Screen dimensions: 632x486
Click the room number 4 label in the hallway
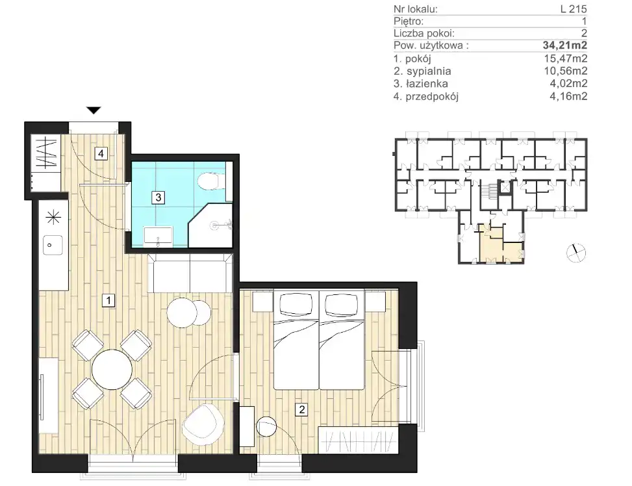pos(101,153)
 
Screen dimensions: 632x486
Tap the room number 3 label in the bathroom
pos(158,198)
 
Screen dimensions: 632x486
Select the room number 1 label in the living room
pos(108,300)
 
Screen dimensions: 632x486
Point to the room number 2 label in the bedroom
pos(301,409)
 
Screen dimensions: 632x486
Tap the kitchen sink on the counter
pos(53,245)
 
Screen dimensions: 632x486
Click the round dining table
pos(112,370)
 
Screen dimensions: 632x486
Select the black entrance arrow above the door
pos(94,110)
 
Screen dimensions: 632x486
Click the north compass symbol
pos(576,253)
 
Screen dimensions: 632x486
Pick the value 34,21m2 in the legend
pos(565,45)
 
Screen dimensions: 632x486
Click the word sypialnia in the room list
pos(429,71)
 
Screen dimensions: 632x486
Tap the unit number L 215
pos(574,8)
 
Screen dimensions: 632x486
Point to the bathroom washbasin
pos(158,237)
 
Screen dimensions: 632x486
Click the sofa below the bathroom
pos(191,273)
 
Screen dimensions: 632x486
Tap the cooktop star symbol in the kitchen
pos(53,218)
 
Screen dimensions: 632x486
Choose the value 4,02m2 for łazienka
pos(568,83)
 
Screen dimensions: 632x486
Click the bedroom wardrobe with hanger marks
pos(358,440)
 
